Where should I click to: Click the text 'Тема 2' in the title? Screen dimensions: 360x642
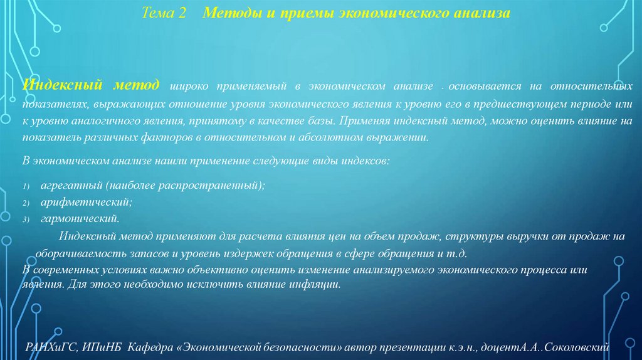165,13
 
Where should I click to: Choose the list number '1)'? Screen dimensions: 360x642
26,187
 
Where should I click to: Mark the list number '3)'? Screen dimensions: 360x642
26,220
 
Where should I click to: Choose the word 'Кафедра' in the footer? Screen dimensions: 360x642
148,346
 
